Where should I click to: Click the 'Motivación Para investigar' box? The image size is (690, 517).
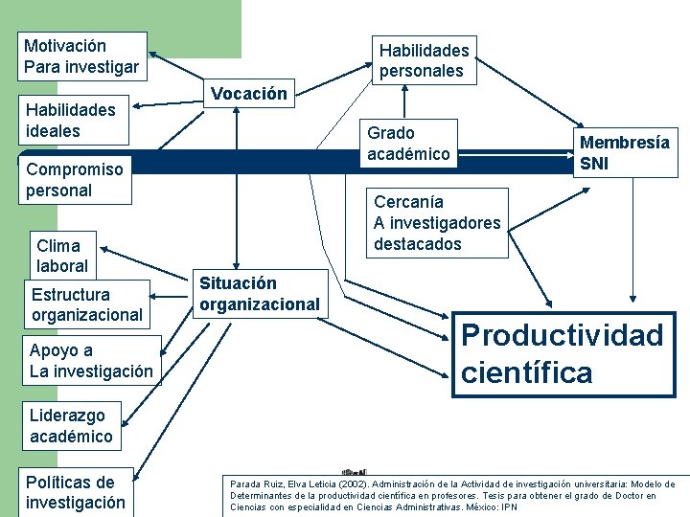point(82,56)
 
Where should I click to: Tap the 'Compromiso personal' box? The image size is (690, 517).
point(75,180)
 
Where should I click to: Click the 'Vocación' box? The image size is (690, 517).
point(248,94)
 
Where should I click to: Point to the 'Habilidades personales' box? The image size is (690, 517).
point(424,60)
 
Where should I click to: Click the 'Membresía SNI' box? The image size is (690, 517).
point(624,152)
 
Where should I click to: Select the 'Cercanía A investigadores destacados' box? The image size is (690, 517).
point(437,223)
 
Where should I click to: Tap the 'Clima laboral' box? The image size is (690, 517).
point(62,256)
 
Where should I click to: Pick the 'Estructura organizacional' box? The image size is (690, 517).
point(86,304)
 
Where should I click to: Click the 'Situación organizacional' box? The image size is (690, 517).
point(259,294)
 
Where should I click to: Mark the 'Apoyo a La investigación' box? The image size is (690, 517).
point(91,360)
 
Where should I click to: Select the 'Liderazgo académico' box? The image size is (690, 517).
point(71,426)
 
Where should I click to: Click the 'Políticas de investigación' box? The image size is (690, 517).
point(76,492)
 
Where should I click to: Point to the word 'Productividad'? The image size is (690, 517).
point(562,335)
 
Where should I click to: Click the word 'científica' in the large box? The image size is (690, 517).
point(527,372)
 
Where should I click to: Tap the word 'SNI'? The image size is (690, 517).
point(594,164)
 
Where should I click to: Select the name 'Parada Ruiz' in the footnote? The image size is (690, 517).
point(251,484)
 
